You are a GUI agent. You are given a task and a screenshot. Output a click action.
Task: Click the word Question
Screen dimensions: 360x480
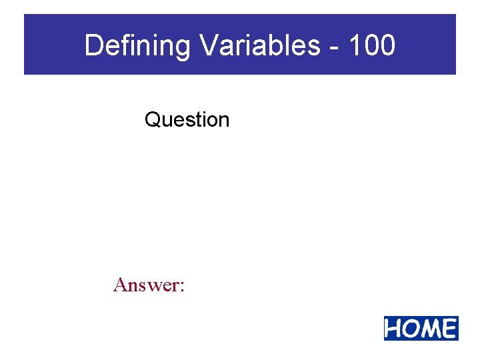pos(187,120)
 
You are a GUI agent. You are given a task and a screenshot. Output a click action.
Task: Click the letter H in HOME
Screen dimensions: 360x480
pos(395,329)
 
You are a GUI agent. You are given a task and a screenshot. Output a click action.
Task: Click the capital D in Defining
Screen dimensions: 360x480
pos(94,46)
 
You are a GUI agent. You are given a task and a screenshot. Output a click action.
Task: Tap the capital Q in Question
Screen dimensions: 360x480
pos(153,120)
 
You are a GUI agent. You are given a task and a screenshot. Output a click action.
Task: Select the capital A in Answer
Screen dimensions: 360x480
pos(121,285)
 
